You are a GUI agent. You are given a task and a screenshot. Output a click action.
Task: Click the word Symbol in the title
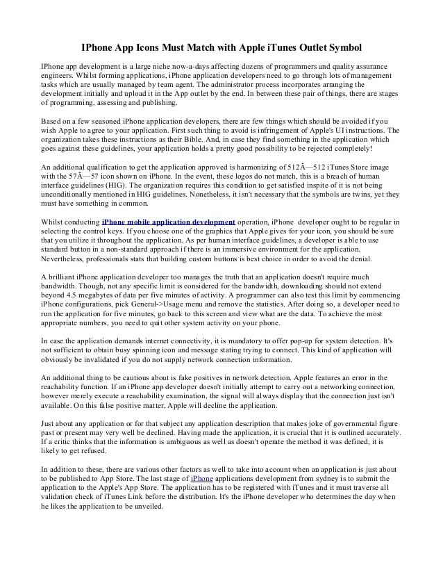tap(340, 47)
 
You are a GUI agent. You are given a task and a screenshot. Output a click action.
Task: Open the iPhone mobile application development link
tap(169, 222)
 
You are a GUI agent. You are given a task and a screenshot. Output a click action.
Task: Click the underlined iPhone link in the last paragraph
tap(201, 479)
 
